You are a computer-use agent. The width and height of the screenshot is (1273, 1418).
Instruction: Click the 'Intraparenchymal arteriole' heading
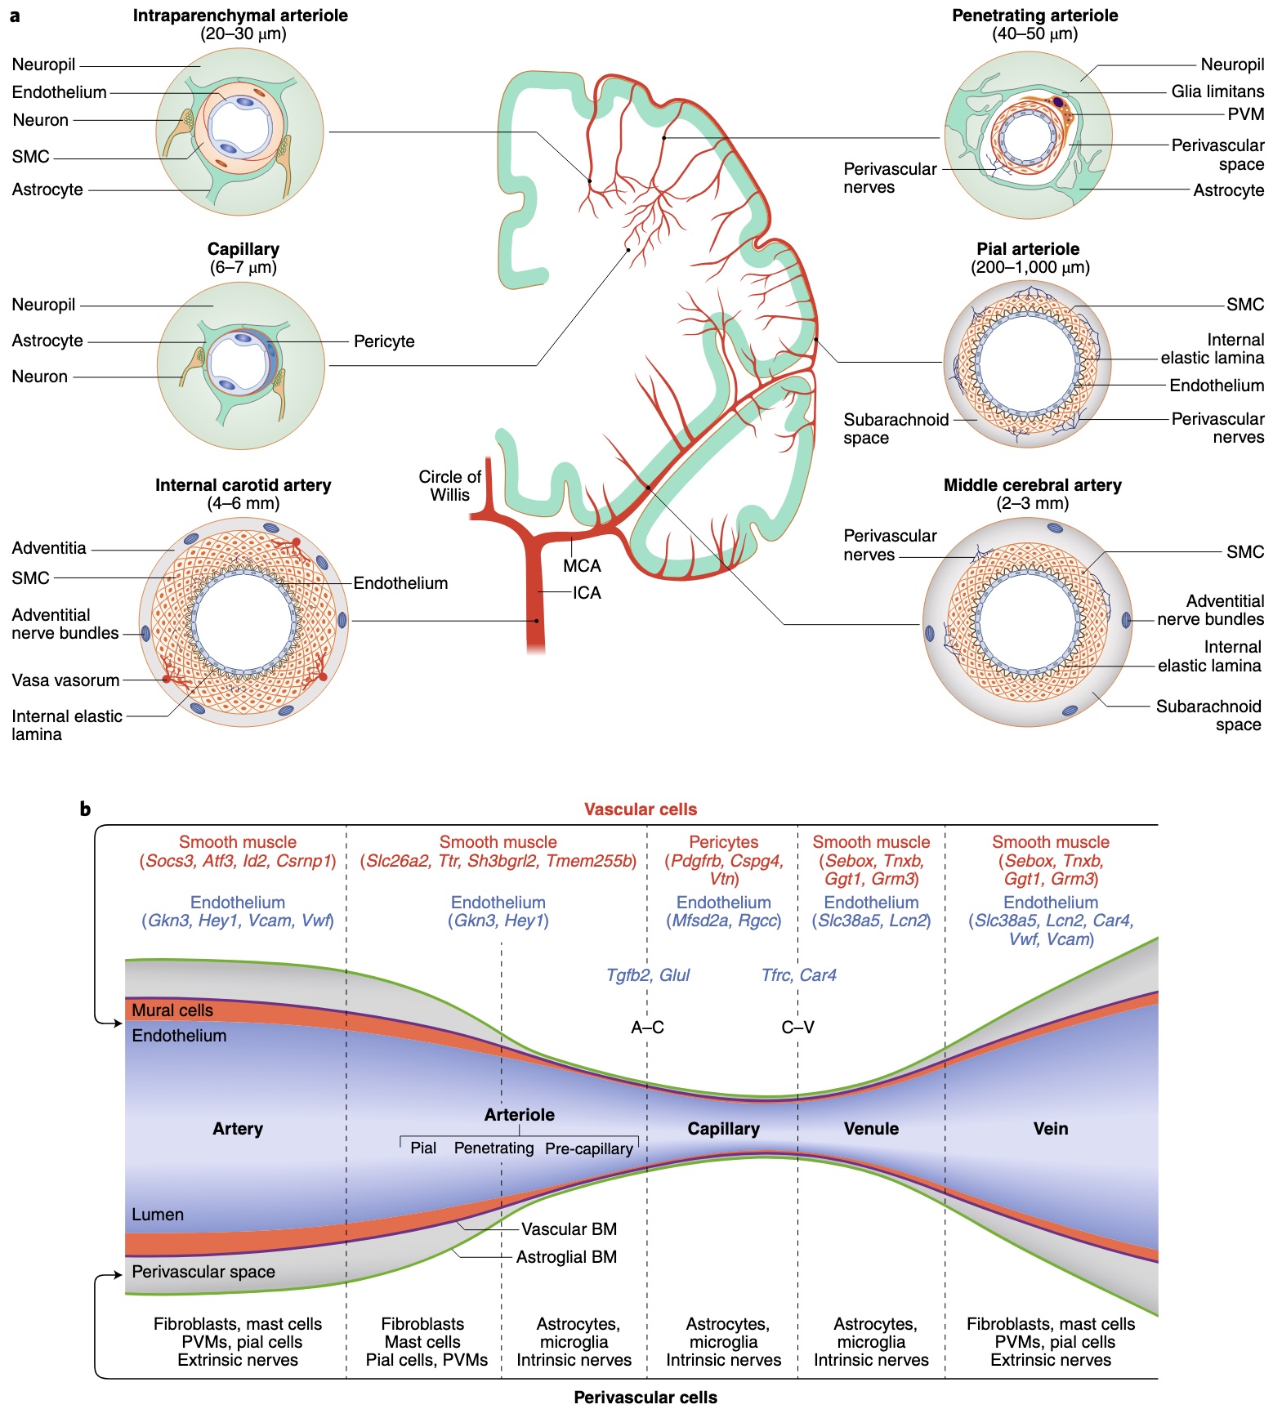(x=240, y=16)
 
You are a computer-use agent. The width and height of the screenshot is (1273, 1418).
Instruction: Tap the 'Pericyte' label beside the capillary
(x=384, y=341)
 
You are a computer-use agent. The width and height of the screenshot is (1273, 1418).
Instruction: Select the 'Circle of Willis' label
(x=449, y=485)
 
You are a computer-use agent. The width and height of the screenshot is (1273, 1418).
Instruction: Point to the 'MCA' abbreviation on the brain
(x=582, y=565)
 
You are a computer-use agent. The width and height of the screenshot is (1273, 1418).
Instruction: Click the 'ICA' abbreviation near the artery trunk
(x=587, y=593)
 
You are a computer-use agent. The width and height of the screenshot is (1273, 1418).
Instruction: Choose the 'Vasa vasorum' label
(x=65, y=680)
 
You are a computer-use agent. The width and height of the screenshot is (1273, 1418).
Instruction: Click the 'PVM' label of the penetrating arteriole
(x=1246, y=114)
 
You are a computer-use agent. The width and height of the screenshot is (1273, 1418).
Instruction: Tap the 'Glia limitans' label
(x=1217, y=91)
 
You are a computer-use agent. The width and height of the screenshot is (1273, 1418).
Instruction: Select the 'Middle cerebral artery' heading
(x=1033, y=485)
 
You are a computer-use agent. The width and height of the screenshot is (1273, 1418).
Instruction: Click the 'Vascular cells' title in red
(x=641, y=809)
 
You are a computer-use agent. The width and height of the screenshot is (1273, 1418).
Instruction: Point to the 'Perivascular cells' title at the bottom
(x=645, y=1398)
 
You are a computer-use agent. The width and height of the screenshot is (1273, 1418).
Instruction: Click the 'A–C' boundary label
(x=648, y=1028)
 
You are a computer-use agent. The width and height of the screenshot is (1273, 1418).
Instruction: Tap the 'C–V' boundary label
(x=798, y=1028)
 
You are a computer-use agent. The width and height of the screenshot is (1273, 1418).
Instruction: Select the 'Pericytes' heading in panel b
(x=724, y=842)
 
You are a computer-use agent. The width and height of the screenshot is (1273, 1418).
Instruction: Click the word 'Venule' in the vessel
(x=871, y=1129)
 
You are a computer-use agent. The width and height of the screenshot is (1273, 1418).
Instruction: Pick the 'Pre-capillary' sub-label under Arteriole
(x=589, y=1148)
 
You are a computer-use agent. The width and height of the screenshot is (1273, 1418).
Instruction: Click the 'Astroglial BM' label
(x=566, y=1257)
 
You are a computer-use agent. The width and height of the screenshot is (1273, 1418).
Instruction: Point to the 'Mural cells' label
(x=172, y=1010)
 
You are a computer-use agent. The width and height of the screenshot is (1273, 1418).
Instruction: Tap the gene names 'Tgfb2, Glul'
(x=648, y=975)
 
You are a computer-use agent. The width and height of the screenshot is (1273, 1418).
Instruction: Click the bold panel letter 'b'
(x=85, y=809)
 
